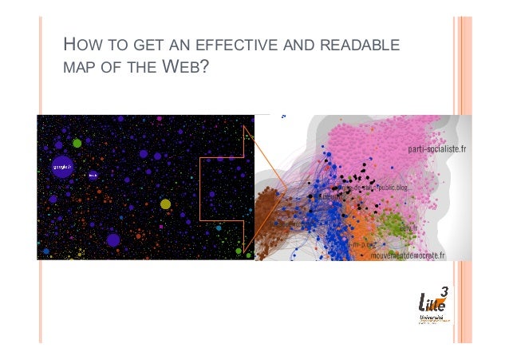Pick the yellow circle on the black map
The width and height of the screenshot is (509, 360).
(x=165, y=204)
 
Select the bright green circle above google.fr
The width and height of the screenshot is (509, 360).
(x=77, y=143)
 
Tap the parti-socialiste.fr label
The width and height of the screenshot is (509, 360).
(x=437, y=149)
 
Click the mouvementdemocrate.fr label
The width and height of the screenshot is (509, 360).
(x=408, y=256)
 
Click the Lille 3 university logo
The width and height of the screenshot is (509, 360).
(x=434, y=307)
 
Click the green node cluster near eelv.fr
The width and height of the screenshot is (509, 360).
(x=393, y=225)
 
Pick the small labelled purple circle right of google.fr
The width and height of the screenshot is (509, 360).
(x=93, y=174)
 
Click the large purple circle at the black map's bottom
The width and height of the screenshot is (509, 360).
(x=113, y=239)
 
